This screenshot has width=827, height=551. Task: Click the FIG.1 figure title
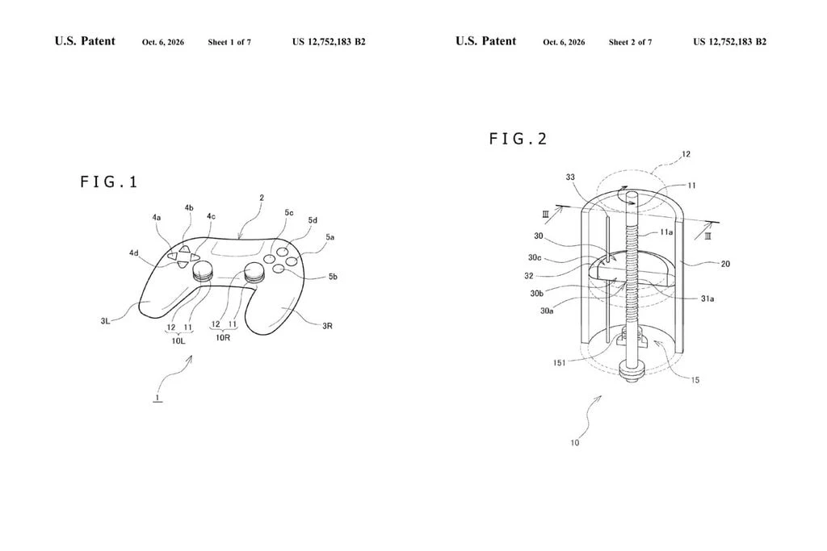pos(109,182)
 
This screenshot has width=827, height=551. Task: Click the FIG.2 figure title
pos(518,139)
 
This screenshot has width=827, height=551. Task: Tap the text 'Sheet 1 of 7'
pos(229,42)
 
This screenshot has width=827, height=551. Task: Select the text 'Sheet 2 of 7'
pos(630,42)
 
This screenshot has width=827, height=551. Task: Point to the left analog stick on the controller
pos(203,271)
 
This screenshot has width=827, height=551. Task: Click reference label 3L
pos(106,320)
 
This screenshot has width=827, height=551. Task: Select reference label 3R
pos(328,326)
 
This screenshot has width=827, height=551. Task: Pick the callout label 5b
pos(333,276)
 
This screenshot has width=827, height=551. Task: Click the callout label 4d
pos(134,253)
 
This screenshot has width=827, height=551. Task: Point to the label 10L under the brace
pos(178,340)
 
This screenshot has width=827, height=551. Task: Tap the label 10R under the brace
pos(223,337)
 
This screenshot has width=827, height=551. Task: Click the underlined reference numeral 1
pos(157,397)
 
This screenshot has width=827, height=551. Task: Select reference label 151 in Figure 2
pos(559,362)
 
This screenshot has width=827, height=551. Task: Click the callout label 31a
pos(707,298)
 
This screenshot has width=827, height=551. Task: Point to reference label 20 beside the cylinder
pos(725,263)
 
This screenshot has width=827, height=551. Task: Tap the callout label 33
pos(570,177)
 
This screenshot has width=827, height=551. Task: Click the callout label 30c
pos(535,257)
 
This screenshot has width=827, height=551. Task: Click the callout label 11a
pos(666,232)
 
